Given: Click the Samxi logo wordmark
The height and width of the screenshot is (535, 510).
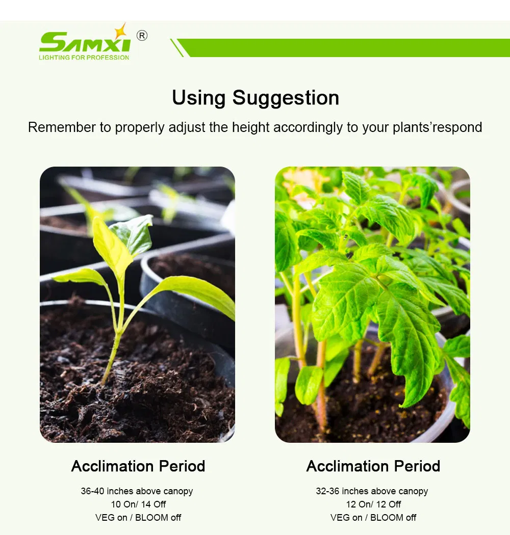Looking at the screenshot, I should tap(84, 43).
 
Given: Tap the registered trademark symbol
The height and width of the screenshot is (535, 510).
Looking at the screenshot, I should tap(142, 36).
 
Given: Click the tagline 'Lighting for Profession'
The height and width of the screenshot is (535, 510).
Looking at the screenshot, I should tap(84, 58).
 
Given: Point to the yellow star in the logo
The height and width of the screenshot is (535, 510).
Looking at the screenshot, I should tap(120, 31).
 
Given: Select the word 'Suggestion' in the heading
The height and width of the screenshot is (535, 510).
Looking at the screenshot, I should tap(286, 97).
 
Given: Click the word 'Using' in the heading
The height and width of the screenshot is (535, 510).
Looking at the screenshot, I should tap(199, 97).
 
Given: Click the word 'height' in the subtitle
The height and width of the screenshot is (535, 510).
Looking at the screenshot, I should tap(250, 127).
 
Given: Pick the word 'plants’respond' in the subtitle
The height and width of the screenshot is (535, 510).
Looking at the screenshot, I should tap(437, 127).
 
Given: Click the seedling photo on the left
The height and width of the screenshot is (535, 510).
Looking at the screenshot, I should tap(137, 304).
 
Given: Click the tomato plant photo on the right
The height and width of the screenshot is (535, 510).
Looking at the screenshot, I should tap(372, 304).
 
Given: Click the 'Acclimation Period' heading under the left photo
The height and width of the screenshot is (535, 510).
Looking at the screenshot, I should tap(138, 466).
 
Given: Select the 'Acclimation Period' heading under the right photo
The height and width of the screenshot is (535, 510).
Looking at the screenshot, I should tap(373, 466).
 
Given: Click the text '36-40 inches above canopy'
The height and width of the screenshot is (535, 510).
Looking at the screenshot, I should tap(137, 491).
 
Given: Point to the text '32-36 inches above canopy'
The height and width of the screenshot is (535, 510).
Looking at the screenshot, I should tap(372, 491).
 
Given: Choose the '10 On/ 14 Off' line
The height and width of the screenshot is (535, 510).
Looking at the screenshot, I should tap(138, 504).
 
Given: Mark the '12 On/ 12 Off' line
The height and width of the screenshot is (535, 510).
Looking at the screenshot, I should tap(373, 504).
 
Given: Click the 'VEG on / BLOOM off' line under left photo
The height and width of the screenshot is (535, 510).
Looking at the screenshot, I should tap(138, 518).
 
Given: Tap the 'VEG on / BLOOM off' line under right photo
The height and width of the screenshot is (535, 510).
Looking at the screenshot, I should tap(373, 518).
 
